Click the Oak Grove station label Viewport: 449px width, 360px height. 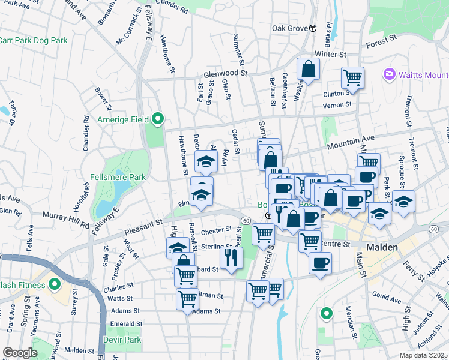coord(289,28)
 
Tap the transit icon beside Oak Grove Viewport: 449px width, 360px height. coord(313,28)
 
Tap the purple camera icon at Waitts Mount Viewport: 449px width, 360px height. coord(389,74)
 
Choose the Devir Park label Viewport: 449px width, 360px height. coord(124,340)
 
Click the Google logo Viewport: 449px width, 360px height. coord(20,352)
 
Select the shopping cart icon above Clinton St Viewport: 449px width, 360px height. coord(352,77)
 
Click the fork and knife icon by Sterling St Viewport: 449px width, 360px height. coord(230,257)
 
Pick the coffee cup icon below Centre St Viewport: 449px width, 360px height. coord(320,263)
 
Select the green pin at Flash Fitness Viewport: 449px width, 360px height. coord(55,284)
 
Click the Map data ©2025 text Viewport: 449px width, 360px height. coord(424,355)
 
